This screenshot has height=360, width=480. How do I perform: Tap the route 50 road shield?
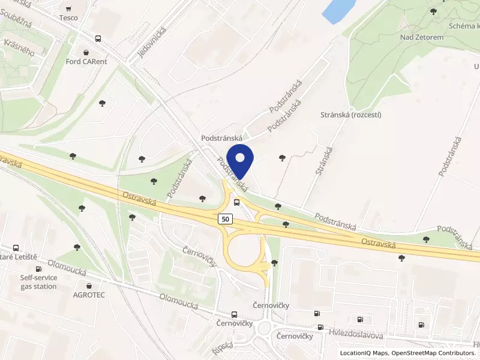coord(225,220)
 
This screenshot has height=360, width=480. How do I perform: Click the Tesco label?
coord(68,18)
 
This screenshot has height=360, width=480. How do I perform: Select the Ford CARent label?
coord(87,61)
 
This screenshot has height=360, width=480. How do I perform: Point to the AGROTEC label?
coord(89,295)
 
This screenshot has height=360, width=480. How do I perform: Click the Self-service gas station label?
coord(38,282)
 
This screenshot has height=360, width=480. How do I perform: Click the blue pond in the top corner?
coord(338,10)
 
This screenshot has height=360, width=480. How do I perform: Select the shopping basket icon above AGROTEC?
coord(89,286)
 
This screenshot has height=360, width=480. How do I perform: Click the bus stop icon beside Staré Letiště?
coord(16,247)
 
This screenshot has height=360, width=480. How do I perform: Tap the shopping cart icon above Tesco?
coord(68,8)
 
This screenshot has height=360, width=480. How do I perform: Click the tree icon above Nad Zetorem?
coord(433,11)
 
